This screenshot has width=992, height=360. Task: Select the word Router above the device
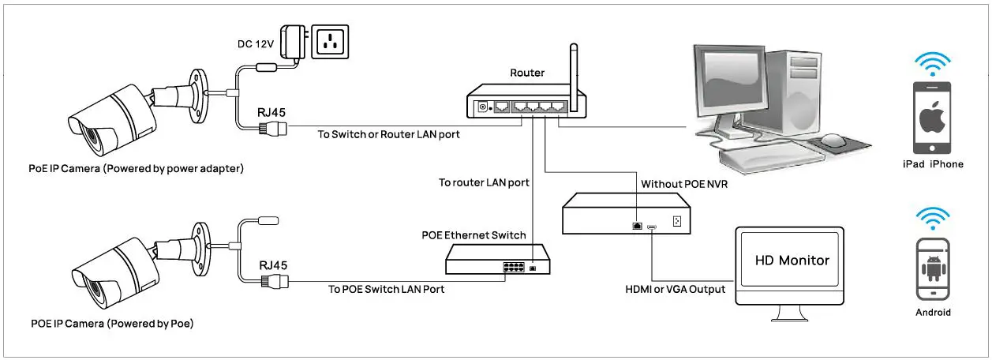(x=527, y=73)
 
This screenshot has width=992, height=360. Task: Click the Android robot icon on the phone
(x=933, y=268)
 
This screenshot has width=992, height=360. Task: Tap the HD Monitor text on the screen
(x=792, y=260)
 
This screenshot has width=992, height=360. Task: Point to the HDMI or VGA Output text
(x=675, y=289)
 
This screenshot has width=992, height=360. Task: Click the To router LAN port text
(x=484, y=182)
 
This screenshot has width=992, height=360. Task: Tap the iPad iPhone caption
(x=933, y=164)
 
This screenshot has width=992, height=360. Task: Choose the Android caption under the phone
(x=933, y=312)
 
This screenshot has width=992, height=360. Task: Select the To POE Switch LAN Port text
(x=386, y=289)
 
